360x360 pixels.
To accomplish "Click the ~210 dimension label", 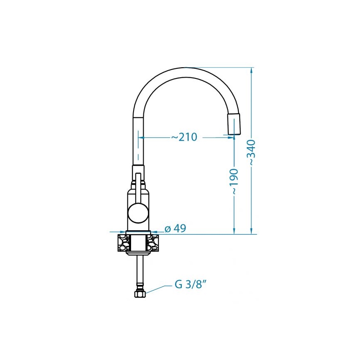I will pos(184,137).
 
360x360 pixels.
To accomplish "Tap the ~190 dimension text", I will pos(234,182).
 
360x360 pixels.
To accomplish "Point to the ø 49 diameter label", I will pos(175,229).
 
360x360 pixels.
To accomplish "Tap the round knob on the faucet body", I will pos(138,212).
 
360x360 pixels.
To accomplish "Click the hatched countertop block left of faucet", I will pos(123,243).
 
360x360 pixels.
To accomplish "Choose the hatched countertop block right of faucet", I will pos(153,243).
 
